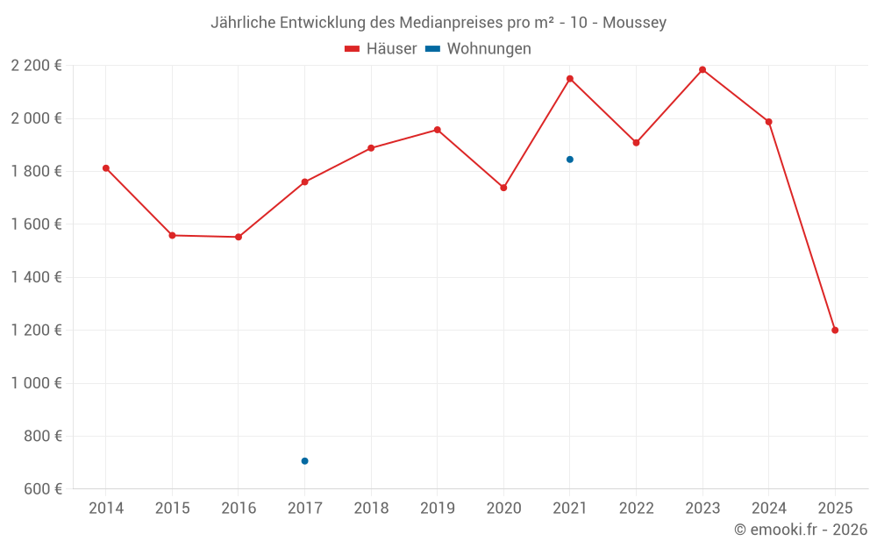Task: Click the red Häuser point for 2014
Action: point(106,168)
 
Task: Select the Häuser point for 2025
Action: point(835,331)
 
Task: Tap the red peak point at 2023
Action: point(702,70)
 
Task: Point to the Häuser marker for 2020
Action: point(503,188)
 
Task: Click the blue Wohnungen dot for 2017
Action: point(304,461)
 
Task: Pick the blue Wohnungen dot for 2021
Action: point(570,160)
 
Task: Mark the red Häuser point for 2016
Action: point(239,237)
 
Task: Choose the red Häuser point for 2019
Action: point(438,130)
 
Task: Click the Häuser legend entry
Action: point(381,49)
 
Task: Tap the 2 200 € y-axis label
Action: point(36,66)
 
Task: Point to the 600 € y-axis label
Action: point(41,489)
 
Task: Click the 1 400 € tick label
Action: point(36,277)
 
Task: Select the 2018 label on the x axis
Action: point(371,509)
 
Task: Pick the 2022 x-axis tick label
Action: point(636,509)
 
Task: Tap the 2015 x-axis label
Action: point(172,509)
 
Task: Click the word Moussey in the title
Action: point(634,23)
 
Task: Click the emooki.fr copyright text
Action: point(801,530)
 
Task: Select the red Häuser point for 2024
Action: point(768,122)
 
